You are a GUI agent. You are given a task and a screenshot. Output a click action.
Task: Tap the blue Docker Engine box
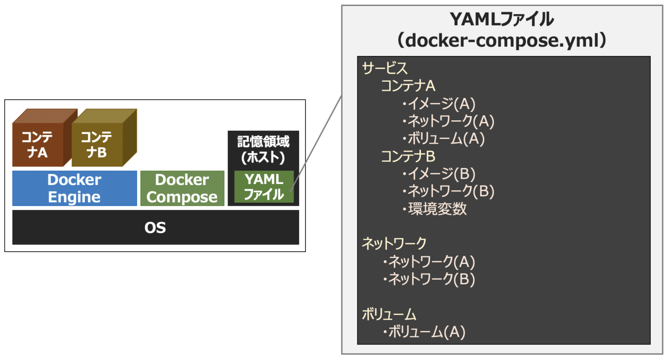click(x=74, y=188)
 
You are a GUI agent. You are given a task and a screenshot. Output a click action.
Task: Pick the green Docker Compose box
click(x=182, y=188)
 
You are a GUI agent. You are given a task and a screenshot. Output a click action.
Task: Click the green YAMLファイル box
click(x=264, y=187)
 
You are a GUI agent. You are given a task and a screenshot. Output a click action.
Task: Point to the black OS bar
click(x=155, y=227)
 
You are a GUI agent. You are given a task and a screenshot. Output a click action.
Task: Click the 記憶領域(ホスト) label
click(x=263, y=149)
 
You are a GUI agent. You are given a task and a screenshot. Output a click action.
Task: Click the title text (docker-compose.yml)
click(x=502, y=40)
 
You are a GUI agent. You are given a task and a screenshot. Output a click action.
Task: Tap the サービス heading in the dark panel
click(x=385, y=68)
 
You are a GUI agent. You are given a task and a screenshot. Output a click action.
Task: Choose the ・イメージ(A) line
click(x=439, y=103)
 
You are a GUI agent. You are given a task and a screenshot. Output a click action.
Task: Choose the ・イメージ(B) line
click(x=439, y=174)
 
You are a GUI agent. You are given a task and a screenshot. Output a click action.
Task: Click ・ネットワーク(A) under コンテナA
click(x=448, y=121)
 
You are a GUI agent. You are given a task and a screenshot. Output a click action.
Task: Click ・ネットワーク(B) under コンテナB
click(x=448, y=191)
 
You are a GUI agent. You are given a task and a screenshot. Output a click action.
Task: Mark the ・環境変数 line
click(x=434, y=209)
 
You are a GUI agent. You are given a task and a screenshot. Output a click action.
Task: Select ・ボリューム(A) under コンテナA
click(x=443, y=139)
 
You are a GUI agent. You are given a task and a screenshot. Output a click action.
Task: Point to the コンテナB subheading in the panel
click(x=408, y=156)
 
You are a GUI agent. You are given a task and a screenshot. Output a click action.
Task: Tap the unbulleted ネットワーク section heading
click(x=394, y=244)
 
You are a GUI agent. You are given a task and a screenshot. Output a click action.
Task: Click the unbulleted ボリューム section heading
click(x=389, y=314)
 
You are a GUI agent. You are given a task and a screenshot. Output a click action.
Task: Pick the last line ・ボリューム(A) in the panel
click(x=424, y=332)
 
